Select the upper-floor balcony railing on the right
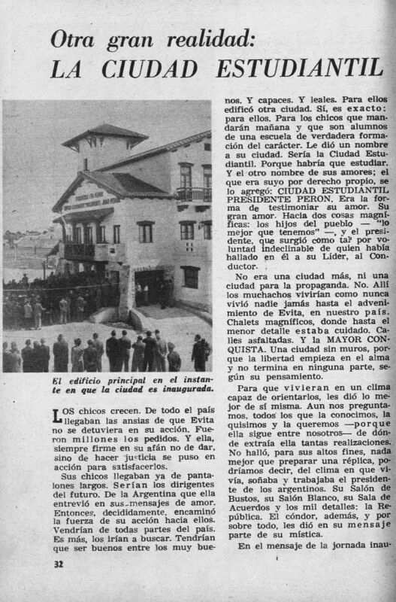193,193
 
